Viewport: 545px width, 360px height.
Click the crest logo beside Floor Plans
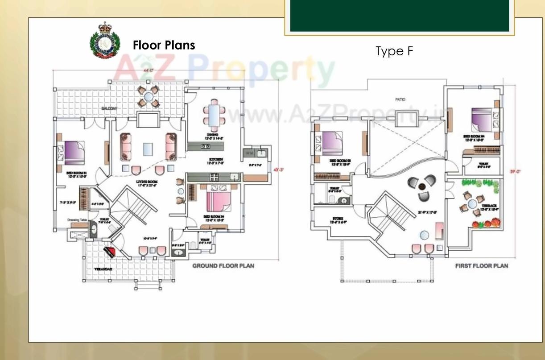click(105, 41)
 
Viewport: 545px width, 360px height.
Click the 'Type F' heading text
click(395, 51)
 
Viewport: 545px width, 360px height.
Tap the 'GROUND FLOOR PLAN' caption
click(223, 266)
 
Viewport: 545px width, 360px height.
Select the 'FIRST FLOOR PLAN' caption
click(481, 266)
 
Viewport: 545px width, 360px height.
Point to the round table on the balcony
click(149, 97)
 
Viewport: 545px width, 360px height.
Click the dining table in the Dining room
click(212, 114)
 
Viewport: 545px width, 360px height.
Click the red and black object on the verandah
click(110, 252)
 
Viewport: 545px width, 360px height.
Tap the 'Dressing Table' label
click(76, 220)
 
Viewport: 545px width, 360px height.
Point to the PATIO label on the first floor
click(400, 99)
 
